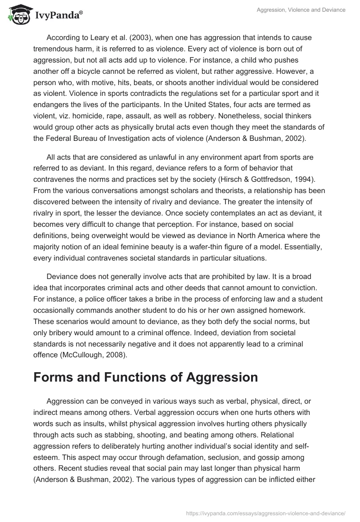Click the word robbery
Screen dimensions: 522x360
click(211, 105)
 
